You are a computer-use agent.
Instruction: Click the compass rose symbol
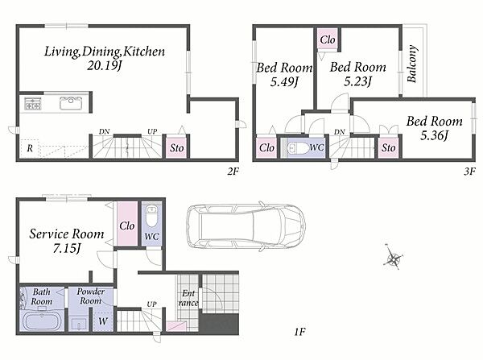[x=394, y=259]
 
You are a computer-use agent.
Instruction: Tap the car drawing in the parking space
[x=246, y=226]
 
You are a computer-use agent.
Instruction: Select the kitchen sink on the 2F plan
[x=71, y=103]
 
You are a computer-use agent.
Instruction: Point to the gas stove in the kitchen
[x=33, y=104]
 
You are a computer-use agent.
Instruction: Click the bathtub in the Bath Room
[x=42, y=321]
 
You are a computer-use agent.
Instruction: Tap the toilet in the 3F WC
[x=297, y=148]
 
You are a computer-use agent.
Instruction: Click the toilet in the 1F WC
[x=151, y=217]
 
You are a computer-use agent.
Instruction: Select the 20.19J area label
[x=105, y=66]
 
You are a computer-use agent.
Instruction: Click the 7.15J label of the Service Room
[x=67, y=248]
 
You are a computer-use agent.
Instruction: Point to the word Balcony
[x=412, y=64]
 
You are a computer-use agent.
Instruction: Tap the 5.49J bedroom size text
[x=285, y=82]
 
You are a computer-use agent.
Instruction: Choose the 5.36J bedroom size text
[x=434, y=135]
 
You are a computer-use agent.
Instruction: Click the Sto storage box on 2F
[x=177, y=147]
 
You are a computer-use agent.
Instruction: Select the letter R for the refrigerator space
[x=30, y=148]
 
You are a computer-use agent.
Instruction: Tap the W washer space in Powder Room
[x=103, y=321]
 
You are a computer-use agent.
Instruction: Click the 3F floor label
[x=470, y=171]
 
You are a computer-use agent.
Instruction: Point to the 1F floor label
[x=299, y=332]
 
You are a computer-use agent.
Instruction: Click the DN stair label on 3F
[x=339, y=132]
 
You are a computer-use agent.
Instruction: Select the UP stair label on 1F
[x=151, y=304]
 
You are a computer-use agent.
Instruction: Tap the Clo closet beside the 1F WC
[x=127, y=224]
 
